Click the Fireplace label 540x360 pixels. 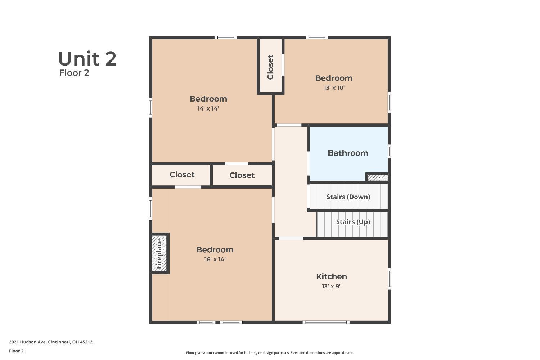[159, 254]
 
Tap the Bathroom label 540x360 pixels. [348, 153]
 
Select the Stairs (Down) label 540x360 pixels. [348, 197]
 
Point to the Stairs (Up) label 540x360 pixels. [353, 222]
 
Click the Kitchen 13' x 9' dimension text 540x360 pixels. [331, 286]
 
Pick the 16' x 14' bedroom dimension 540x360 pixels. [215, 259]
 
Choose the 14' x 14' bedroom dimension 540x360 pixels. [208, 108]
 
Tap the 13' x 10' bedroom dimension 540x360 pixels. [334, 88]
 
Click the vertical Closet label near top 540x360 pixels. [270, 67]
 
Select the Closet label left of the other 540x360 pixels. [182, 175]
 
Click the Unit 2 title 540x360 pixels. [87, 59]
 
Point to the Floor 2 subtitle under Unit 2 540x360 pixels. [74, 73]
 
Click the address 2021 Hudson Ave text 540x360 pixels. [51, 342]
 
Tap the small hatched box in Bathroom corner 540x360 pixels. [378, 178]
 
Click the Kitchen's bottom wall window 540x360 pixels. [326, 322]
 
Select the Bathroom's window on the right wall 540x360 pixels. [389, 151]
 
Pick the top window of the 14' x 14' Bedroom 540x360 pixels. [226, 37]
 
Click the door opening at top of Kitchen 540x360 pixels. [291, 238]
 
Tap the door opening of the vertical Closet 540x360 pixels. [283, 65]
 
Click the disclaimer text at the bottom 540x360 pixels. [270, 353]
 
